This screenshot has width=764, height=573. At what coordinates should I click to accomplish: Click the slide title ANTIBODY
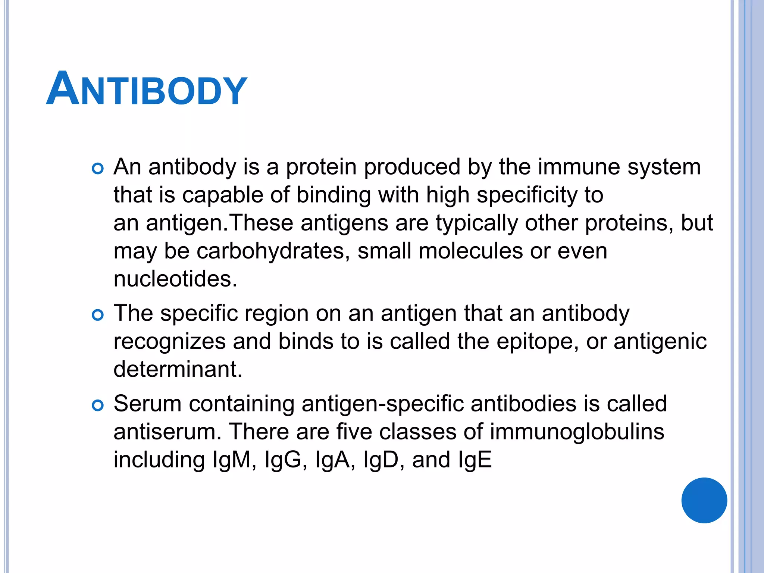point(147,89)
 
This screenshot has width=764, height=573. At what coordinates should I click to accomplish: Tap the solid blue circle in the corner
point(704,500)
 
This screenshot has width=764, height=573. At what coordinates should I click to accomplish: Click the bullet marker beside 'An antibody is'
point(97,169)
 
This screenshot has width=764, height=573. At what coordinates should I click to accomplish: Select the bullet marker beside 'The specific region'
point(97,315)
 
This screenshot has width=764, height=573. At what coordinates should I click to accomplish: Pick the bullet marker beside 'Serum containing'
point(97,406)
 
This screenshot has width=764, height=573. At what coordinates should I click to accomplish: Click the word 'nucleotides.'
point(175,279)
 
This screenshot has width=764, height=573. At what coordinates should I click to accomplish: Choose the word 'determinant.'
point(178,369)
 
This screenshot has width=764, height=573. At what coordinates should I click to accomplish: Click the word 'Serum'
point(147,404)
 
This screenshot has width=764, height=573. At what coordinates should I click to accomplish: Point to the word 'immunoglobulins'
point(577,432)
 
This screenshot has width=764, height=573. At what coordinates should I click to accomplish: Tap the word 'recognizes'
point(169,341)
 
